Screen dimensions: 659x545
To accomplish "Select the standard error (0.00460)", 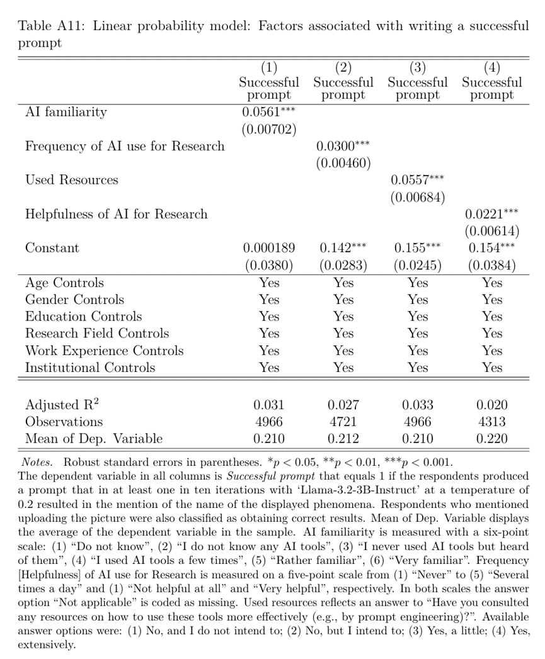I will click(x=343, y=164).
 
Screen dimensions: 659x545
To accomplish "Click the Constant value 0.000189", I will click(x=269, y=249).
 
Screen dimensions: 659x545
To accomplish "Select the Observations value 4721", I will click(x=343, y=422).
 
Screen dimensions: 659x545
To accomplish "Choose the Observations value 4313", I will click(x=492, y=422).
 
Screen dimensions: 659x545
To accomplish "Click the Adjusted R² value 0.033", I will click(x=418, y=405).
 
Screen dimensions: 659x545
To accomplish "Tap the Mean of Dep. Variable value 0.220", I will click(x=492, y=439).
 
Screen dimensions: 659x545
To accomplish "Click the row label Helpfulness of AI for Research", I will click(x=116, y=215).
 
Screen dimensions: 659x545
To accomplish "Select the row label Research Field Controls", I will click(x=97, y=334).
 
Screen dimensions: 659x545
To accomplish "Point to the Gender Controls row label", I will click(x=74, y=300).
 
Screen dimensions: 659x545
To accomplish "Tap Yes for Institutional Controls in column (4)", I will click(x=492, y=368).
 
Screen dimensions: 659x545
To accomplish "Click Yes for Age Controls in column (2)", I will click(x=343, y=283).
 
